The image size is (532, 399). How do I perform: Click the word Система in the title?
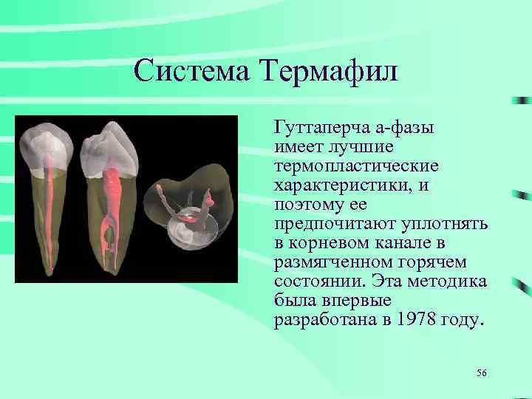click(192, 71)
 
